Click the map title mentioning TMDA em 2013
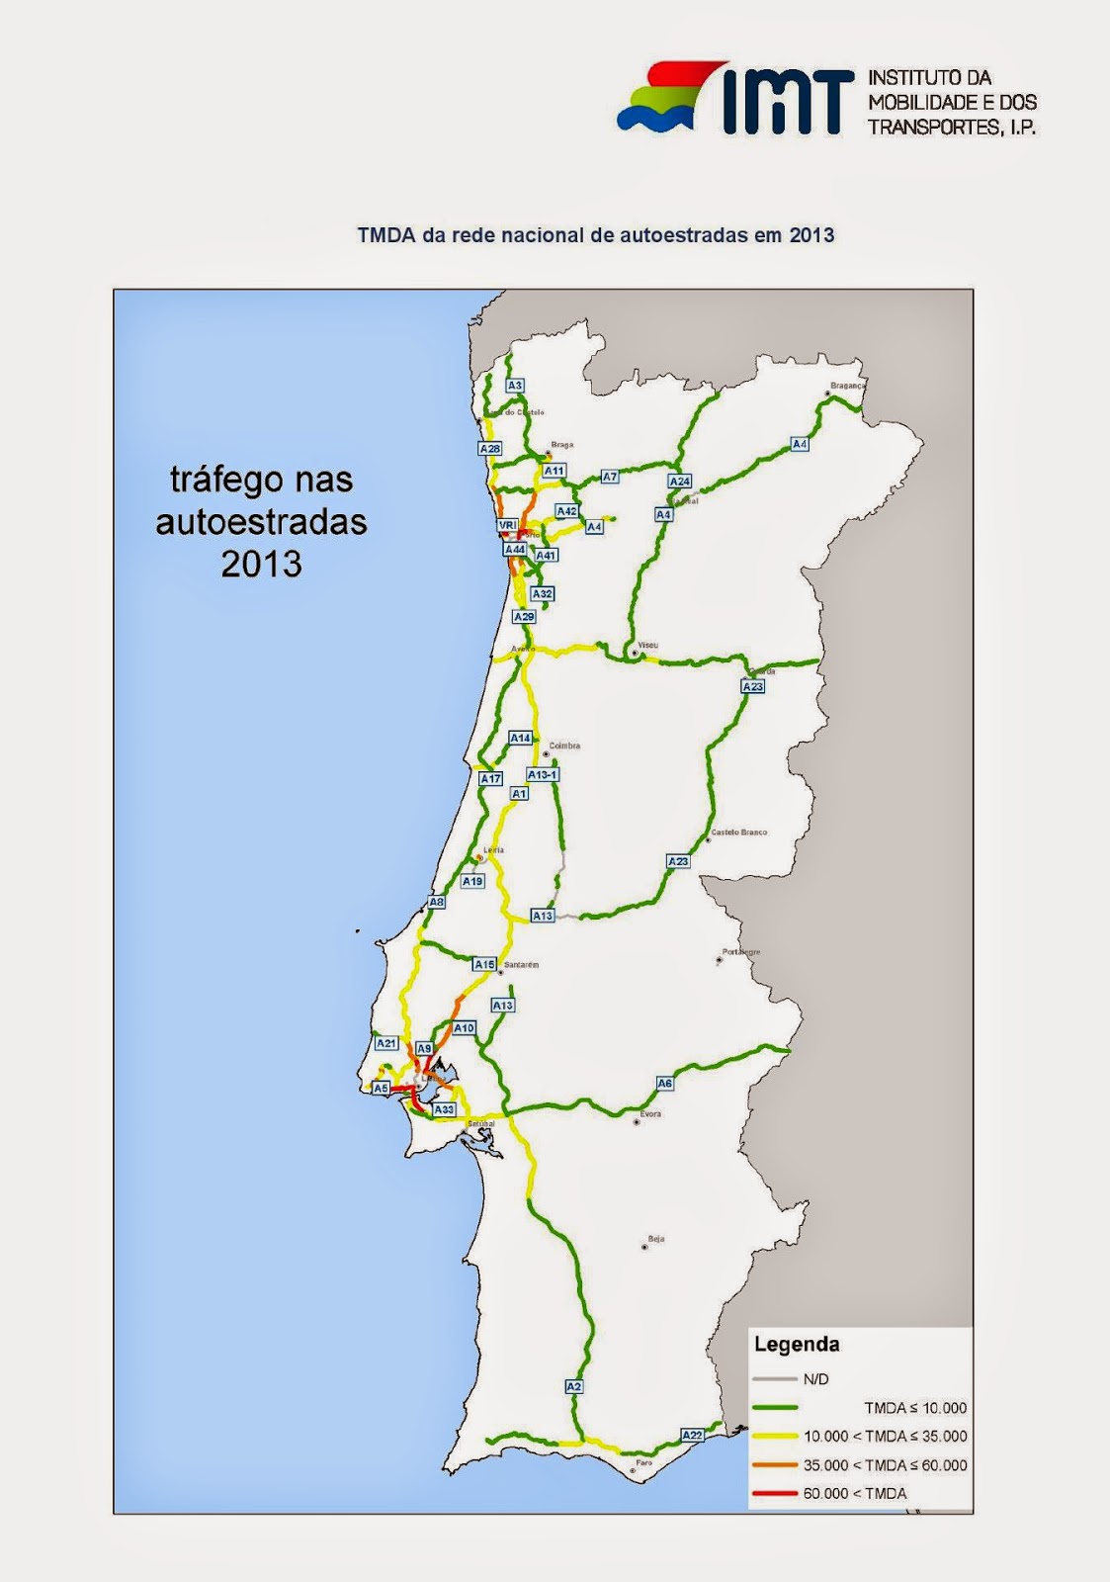tap(595, 236)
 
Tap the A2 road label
tap(574, 1387)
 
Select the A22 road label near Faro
tap(692, 1435)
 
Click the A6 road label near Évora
tap(665, 1084)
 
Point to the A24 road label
tap(679, 482)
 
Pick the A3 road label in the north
tap(514, 386)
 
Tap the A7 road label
tap(610, 477)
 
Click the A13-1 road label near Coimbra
tap(543, 774)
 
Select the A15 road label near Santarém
tap(483, 964)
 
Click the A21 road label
tap(385, 1043)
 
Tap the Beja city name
tap(655, 1238)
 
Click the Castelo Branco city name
tap(738, 833)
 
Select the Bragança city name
tap(848, 386)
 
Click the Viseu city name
tap(648, 645)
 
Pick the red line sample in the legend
tap(774, 1493)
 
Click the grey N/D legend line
tap(774, 1379)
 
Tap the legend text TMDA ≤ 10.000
tap(914, 1408)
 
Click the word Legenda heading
tap(797, 1345)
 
